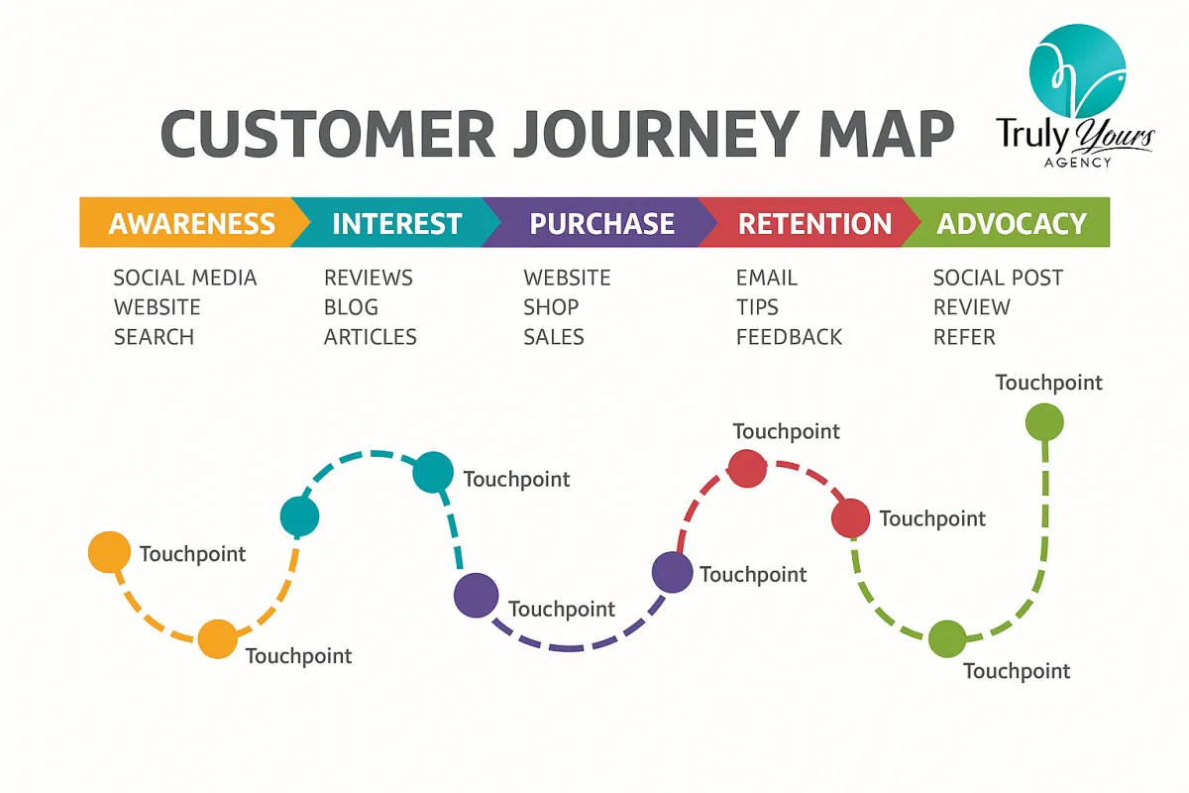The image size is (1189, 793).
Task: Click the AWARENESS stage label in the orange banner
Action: pyautogui.click(x=191, y=223)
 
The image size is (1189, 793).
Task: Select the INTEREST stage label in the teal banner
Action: pyautogui.click(x=396, y=223)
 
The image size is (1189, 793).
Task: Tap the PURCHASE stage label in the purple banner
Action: pyautogui.click(x=601, y=223)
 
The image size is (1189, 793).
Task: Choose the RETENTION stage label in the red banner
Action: pyautogui.click(x=814, y=223)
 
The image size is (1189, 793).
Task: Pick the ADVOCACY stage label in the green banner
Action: pyautogui.click(x=1012, y=223)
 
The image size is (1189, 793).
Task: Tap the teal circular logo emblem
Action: pyautogui.click(x=1077, y=64)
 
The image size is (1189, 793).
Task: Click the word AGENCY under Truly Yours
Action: pyautogui.click(x=1077, y=163)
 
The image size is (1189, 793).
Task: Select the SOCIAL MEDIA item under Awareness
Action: pyautogui.click(x=185, y=278)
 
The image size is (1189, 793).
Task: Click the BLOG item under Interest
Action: pyautogui.click(x=351, y=307)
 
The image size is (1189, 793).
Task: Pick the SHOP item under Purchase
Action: pyautogui.click(x=551, y=307)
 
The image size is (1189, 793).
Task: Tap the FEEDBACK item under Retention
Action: pyautogui.click(x=789, y=337)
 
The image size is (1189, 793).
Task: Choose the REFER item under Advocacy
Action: pyautogui.click(x=964, y=337)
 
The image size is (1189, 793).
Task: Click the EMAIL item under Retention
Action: pyautogui.click(x=766, y=278)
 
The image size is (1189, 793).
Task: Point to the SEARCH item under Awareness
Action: pyautogui.click(x=154, y=337)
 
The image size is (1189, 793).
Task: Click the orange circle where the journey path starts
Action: pyautogui.click(x=109, y=552)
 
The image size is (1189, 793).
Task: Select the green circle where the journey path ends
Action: pyautogui.click(x=1043, y=423)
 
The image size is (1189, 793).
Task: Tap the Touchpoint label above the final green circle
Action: pyautogui.click(x=1048, y=383)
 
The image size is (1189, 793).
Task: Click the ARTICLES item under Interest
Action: pyautogui.click(x=370, y=337)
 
